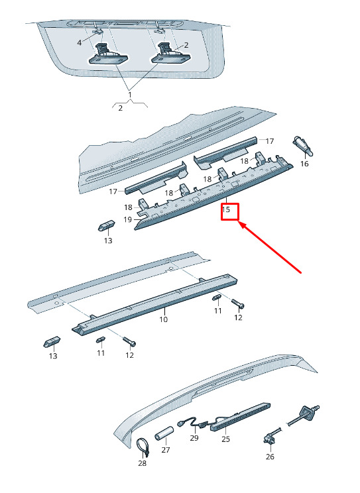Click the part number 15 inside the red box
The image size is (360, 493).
tap(226, 209)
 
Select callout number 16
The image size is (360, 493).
tap(304, 164)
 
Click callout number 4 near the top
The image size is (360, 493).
tap(80, 43)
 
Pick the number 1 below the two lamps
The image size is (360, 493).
tap(130, 94)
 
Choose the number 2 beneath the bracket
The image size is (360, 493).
tap(121, 108)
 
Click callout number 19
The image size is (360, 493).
tap(127, 219)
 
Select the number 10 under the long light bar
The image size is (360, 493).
tap(163, 319)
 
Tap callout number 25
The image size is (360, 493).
tap(225, 439)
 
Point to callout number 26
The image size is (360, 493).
tap(270, 457)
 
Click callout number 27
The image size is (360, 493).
tap(166, 450)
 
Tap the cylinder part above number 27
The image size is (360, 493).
tap(164, 433)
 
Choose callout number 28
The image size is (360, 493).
tap(143, 463)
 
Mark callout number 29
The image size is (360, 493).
tap(194, 438)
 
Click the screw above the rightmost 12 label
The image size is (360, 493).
tap(238, 303)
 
